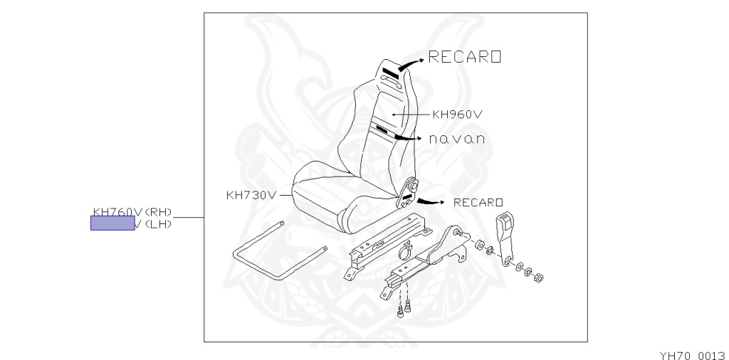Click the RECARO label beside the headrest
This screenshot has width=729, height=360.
(465, 58)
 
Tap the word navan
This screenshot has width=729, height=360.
(456, 139)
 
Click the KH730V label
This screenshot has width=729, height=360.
(250, 194)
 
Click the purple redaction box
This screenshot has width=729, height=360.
(112, 225)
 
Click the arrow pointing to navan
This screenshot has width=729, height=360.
(409, 137)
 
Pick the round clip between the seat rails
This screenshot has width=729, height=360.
(407, 251)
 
